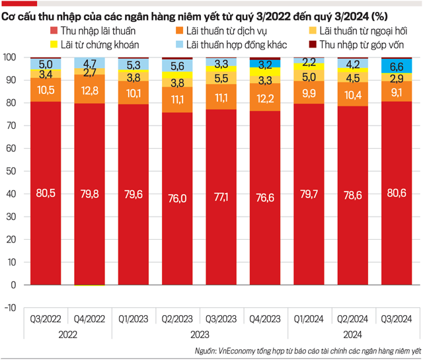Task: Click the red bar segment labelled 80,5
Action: pos(46,193)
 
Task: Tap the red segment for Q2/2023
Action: pos(178,198)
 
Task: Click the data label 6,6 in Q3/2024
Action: pos(397,66)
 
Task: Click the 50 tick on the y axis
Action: pos(11,171)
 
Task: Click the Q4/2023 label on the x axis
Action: pos(266,319)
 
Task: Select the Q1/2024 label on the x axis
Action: pos(309,319)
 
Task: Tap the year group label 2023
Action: pos(200,334)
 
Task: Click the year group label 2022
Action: pos(68,334)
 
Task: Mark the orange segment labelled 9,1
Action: pos(397,92)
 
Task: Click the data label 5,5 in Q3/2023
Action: pos(221,77)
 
